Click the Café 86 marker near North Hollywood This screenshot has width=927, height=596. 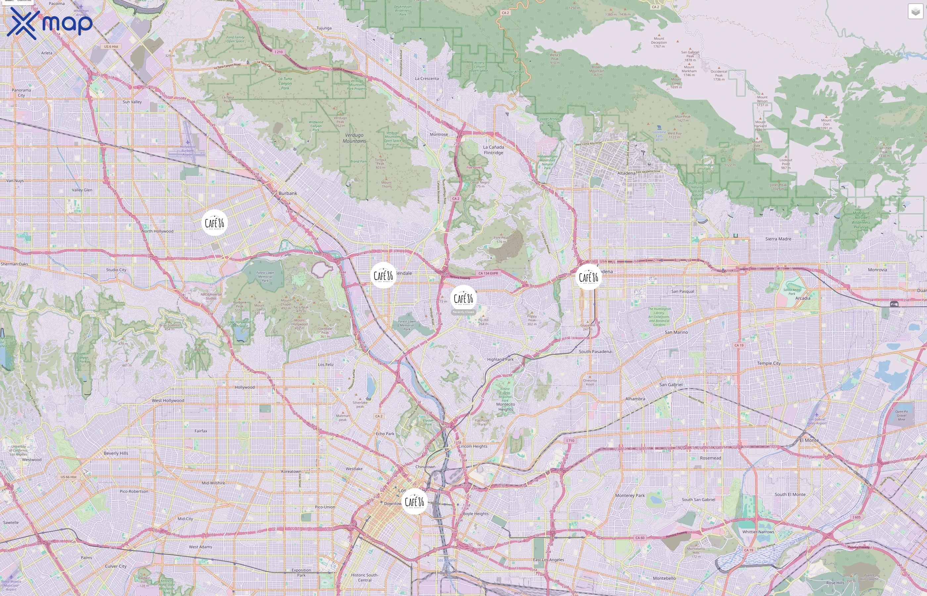(214, 223)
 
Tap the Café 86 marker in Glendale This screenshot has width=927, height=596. (383, 275)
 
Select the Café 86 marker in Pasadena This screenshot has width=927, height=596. (588, 277)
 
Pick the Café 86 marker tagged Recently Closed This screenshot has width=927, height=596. (463, 298)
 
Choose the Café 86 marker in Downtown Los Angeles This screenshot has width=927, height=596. (415, 502)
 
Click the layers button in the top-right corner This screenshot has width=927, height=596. (915, 12)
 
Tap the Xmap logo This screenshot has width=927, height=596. (50, 23)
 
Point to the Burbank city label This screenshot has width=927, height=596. (288, 193)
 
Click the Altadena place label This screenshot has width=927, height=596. (626, 173)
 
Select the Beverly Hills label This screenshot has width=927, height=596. (116, 453)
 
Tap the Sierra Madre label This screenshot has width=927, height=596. (778, 239)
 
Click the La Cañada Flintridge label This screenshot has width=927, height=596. (494, 150)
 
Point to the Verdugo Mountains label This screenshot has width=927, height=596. (354, 138)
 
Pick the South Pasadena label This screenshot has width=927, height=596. (595, 351)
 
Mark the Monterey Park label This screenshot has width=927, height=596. (630, 495)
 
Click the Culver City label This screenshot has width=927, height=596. (116, 566)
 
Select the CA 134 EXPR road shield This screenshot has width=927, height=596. (488, 273)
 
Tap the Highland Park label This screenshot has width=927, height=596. (500, 359)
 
